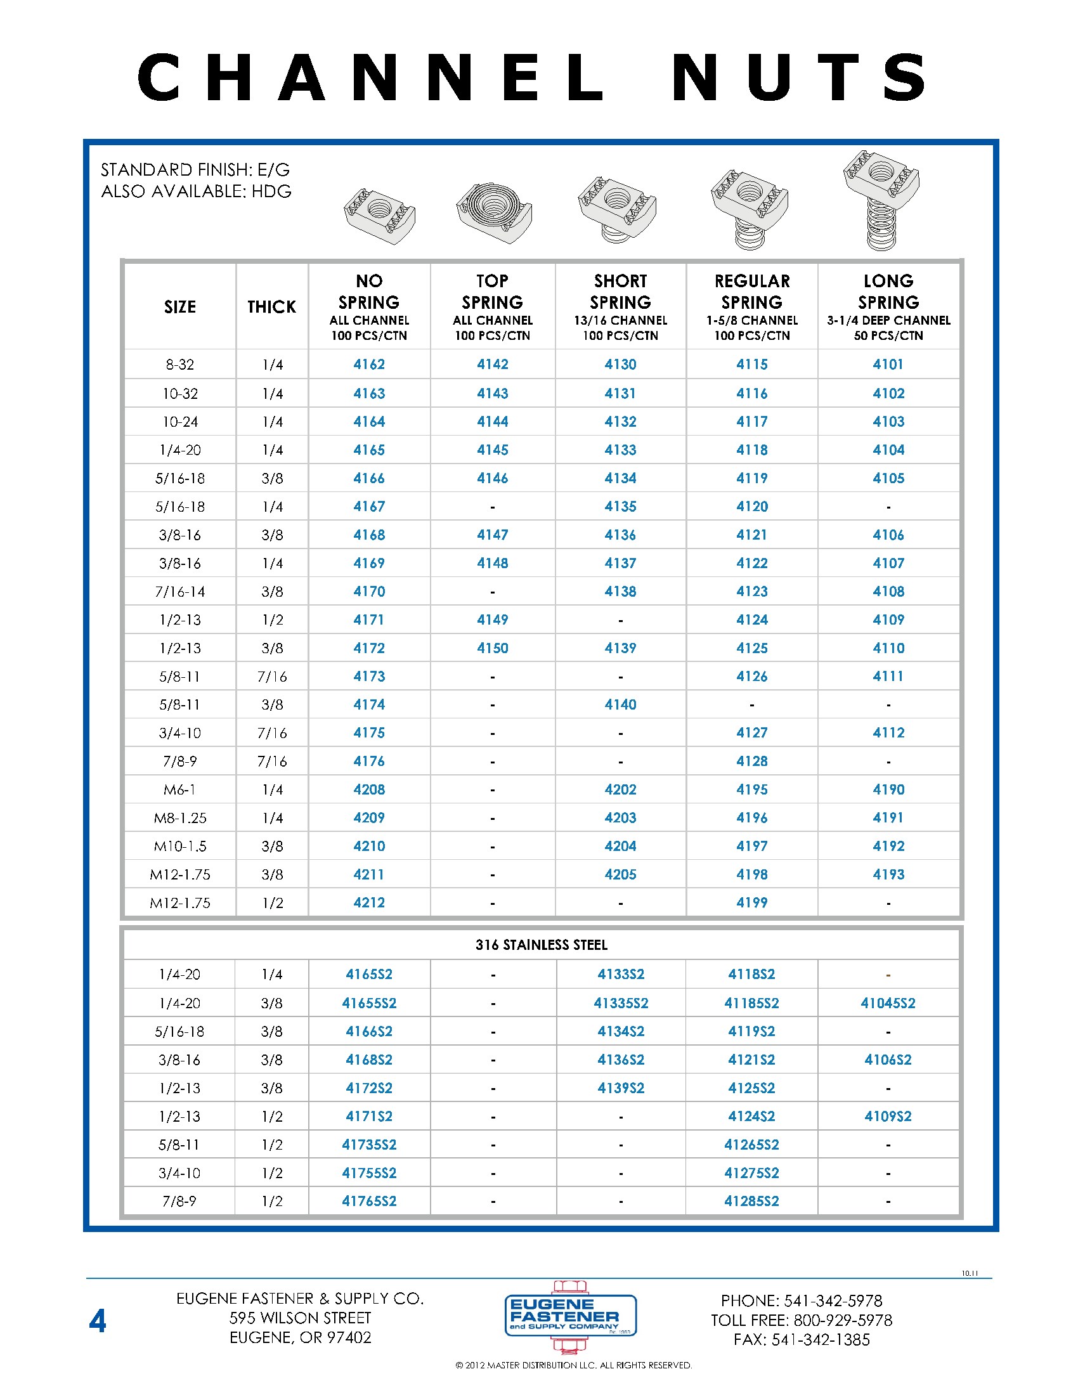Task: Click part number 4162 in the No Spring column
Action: [369, 364]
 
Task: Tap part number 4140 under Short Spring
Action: [620, 704]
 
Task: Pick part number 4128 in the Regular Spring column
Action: [751, 762]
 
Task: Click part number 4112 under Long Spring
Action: [888, 732]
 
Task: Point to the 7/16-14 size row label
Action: [180, 592]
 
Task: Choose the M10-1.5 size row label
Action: [180, 847]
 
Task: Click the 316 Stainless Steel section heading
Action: [541, 945]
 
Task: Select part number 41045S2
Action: [888, 1003]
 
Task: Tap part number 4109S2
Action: [888, 1116]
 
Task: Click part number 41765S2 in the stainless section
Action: [369, 1201]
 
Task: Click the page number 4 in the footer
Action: [98, 1321]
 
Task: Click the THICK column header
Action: [272, 307]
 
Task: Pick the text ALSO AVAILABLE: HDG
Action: [196, 191]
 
